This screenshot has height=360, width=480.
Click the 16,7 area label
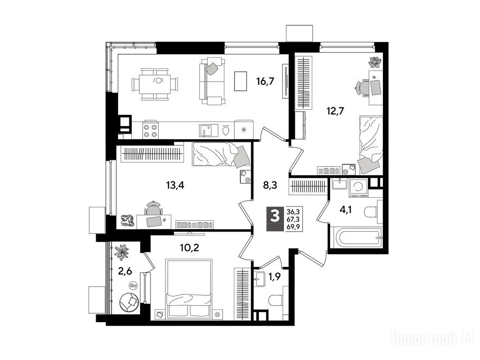coord(265,81)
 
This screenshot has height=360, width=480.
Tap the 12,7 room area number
coord(335,111)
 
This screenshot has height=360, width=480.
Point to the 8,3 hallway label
coord(270,185)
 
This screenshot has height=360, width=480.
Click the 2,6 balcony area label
coord(125,271)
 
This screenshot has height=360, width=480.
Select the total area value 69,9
coord(293,227)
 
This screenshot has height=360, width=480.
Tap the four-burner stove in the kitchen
coord(150,130)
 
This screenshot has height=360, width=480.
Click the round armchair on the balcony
coord(130,302)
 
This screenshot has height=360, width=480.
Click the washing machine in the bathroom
coord(358,188)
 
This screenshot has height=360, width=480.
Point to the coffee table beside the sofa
coord(240,81)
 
